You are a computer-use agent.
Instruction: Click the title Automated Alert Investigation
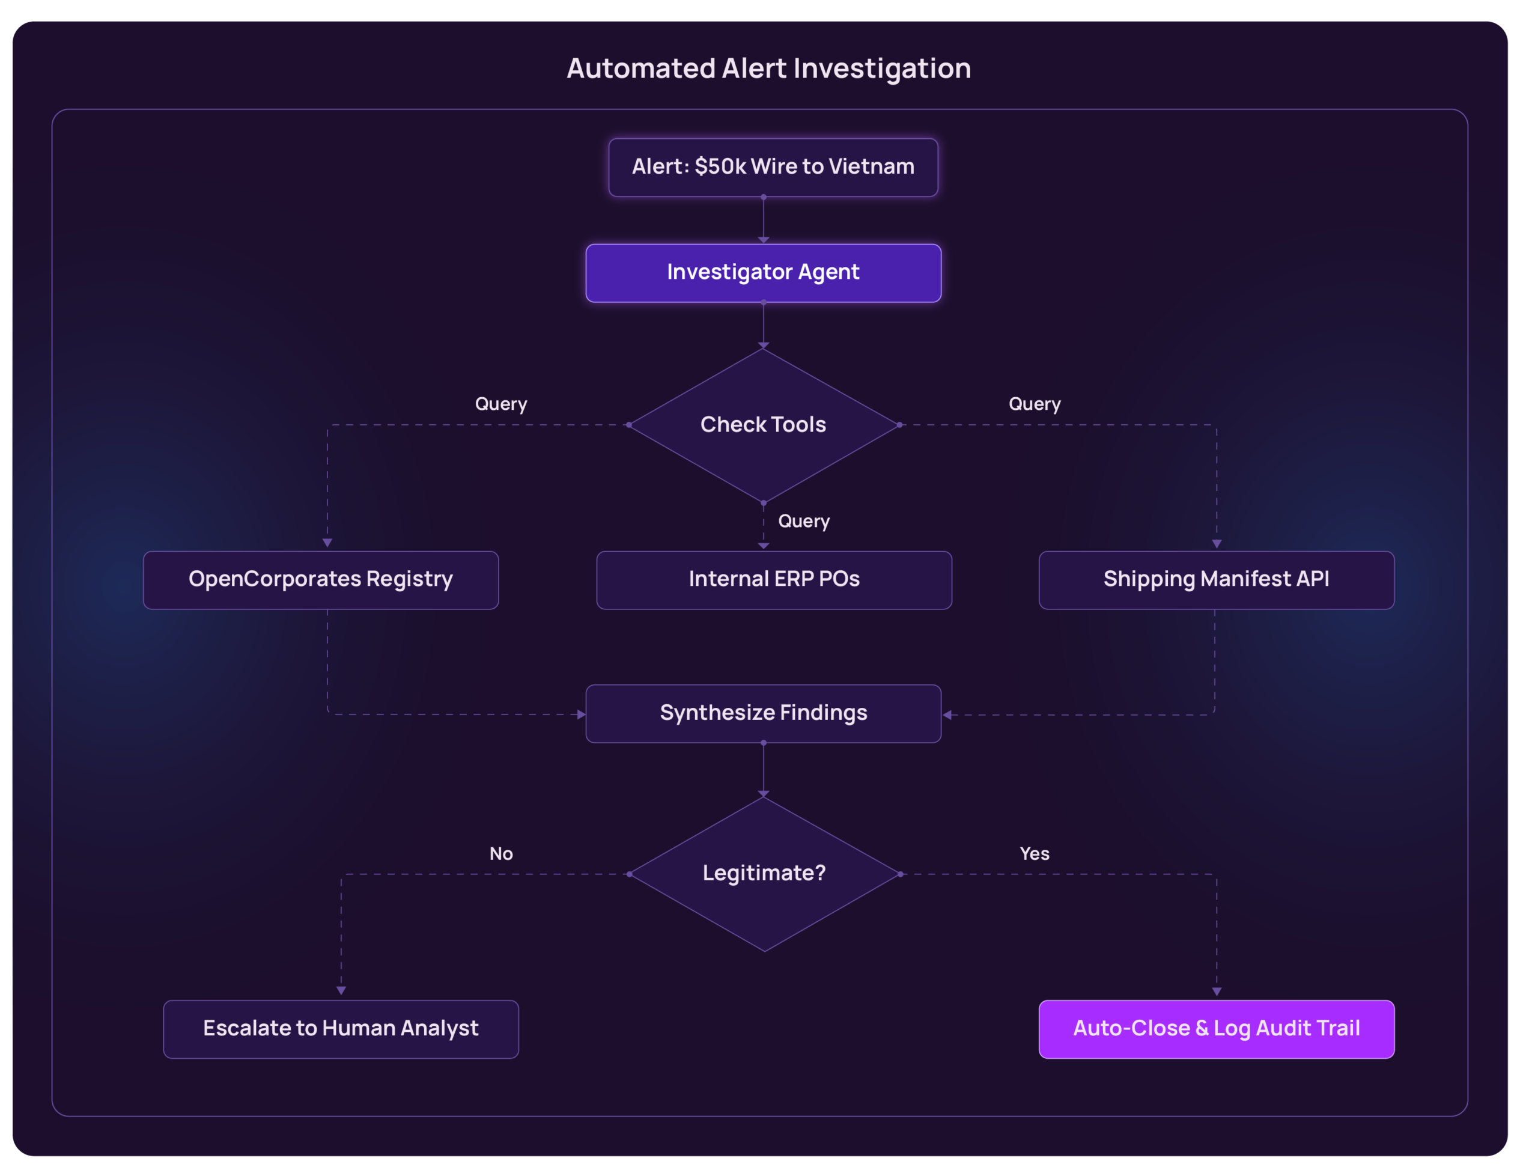(768, 69)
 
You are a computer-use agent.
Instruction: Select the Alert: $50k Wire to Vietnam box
(773, 168)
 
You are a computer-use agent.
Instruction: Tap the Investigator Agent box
(763, 273)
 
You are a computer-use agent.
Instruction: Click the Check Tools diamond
(763, 424)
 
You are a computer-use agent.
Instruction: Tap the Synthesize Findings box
(763, 713)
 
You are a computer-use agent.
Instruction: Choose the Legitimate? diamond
(764, 874)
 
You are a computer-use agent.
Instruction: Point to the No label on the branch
(501, 854)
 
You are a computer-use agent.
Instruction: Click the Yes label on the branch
(1034, 854)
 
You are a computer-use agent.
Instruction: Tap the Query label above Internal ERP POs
(804, 522)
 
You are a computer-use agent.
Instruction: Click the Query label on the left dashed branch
(501, 404)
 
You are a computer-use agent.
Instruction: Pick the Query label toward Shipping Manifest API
(1034, 404)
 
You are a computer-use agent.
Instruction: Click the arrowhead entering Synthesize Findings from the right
(947, 715)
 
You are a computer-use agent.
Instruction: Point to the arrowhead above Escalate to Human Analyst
(341, 991)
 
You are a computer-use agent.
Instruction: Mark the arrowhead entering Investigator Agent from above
(763, 240)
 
